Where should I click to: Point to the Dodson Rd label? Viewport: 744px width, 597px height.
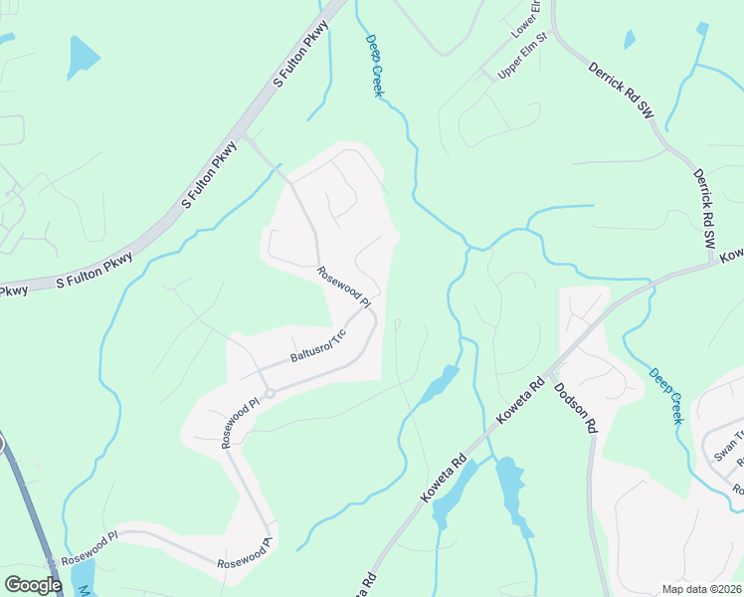click(x=576, y=408)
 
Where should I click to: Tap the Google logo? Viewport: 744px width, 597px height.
click(x=33, y=585)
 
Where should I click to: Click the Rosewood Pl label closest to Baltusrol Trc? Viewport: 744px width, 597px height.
click(x=344, y=287)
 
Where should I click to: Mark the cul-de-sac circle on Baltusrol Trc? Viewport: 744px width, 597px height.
click(x=269, y=393)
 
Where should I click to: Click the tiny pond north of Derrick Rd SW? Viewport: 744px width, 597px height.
click(x=629, y=40)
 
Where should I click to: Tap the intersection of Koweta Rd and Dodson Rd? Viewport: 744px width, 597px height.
click(x=550, y=369)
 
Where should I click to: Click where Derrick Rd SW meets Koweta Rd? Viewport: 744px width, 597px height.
click(x=718, y=261)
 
